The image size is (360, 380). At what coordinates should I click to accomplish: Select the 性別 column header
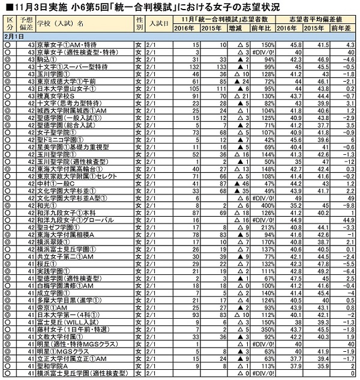pyautogui.click(x=139, y=25)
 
